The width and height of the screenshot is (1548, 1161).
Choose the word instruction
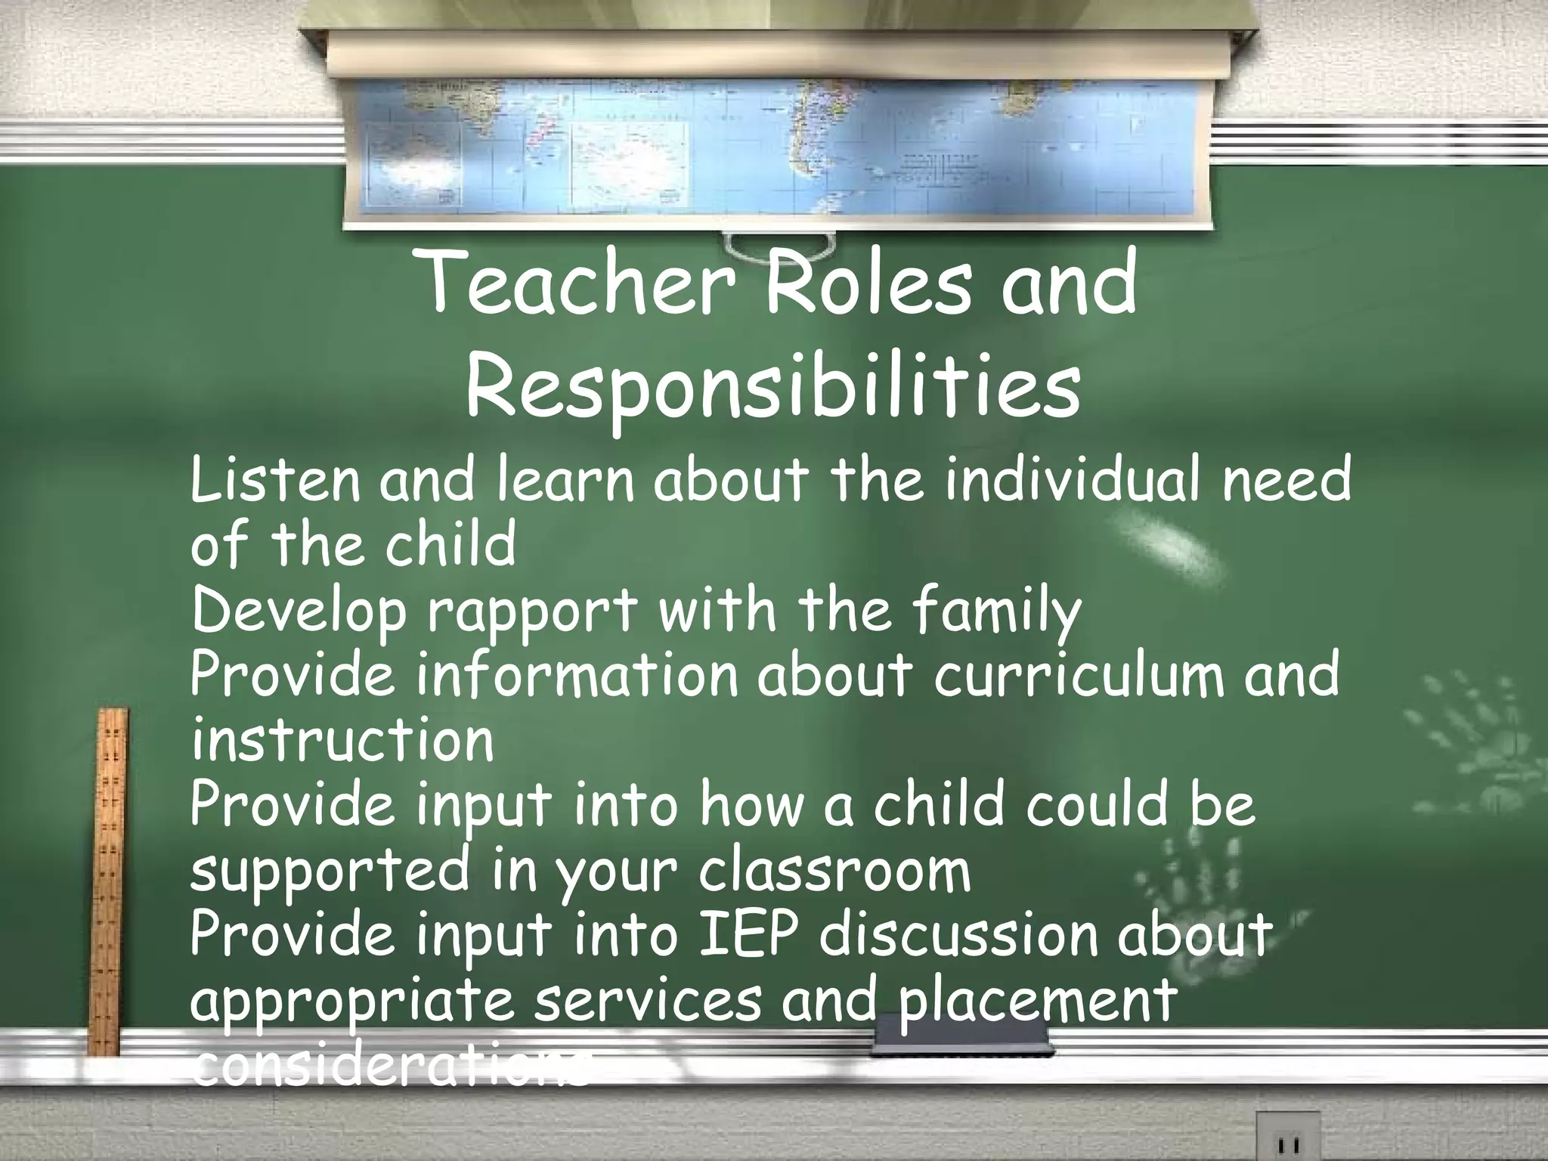coord(342,740)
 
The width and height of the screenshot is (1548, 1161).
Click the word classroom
coord(834,872)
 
